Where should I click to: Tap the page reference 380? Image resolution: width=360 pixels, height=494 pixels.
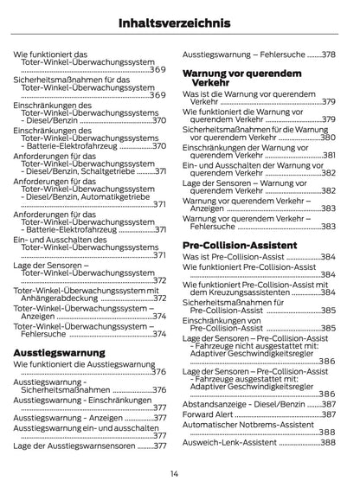pyautogui.click(x=326, y=138)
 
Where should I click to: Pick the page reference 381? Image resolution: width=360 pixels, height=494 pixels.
pyautogui.click(x=328, y=156)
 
